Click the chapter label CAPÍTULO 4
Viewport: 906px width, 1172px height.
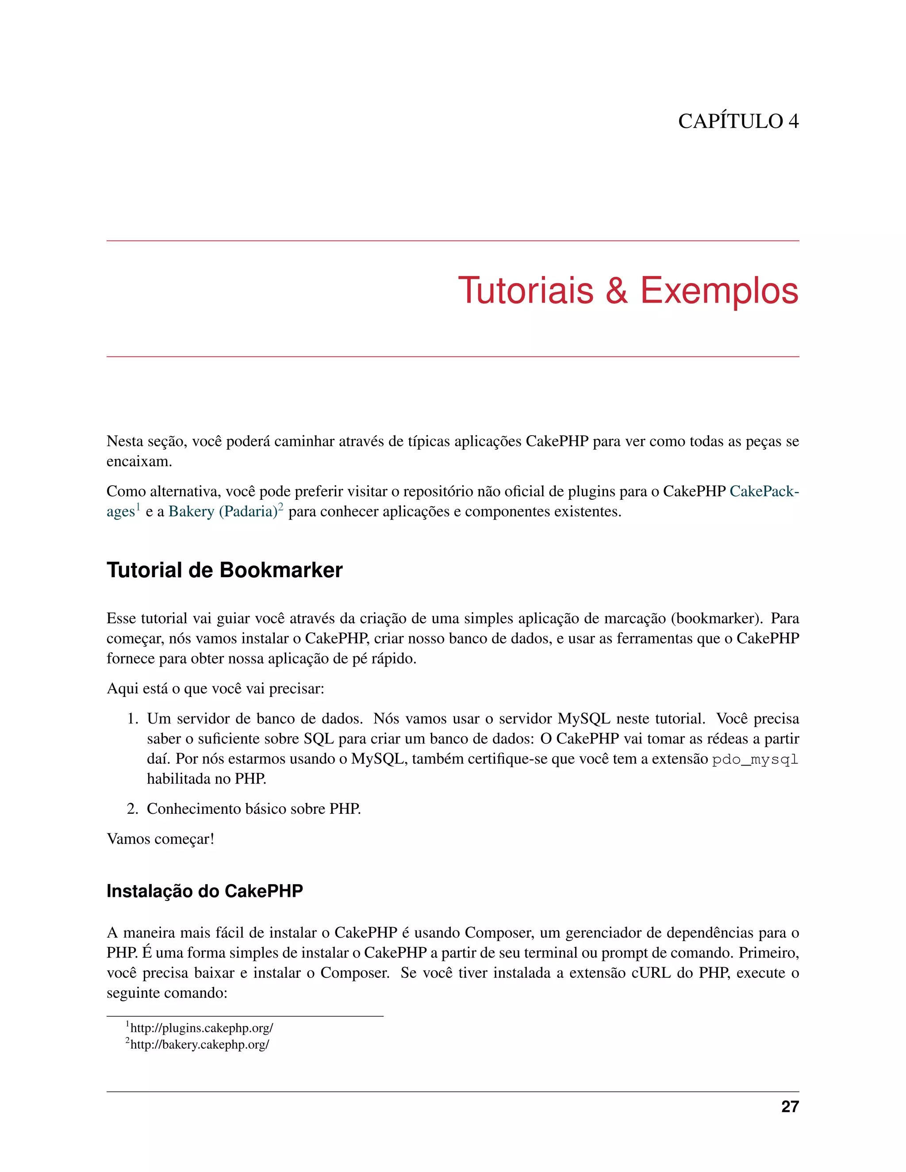[x=738, y=121]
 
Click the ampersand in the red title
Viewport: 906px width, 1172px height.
[x=617, y=291]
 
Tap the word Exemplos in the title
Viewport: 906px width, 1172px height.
[x=719, y=291]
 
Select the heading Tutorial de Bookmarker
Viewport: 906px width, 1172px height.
[x=224, y=571]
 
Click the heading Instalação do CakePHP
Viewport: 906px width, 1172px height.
[x=204, y=891]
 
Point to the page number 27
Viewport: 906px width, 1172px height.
[x=790, y=1107]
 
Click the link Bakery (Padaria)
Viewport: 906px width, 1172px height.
[x=223, y=511]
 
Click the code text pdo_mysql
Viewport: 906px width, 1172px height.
[x=755, y=760]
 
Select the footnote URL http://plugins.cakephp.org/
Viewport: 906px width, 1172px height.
[x=201, y=1028]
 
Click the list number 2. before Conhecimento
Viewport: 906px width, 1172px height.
[x=133, y=809]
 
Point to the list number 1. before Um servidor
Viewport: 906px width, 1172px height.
[x=133, y=719]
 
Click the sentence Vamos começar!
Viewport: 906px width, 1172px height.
[x=161, y=839]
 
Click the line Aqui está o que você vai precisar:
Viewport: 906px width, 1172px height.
[x=215, y=689]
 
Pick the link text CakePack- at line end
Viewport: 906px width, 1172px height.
[x=764, y=491]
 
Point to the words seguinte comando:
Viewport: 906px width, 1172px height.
[x=167, y=993]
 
